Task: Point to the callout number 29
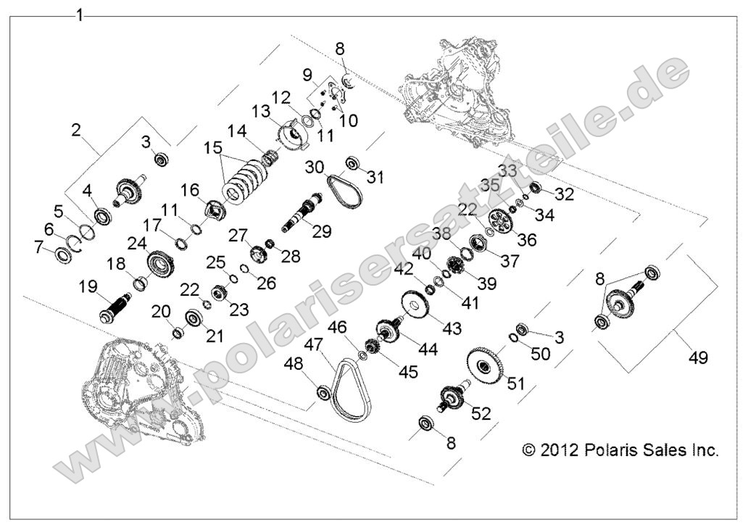321,231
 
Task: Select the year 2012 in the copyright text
559,450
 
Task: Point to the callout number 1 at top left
80,15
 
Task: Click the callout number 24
137,242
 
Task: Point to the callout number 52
481,413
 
